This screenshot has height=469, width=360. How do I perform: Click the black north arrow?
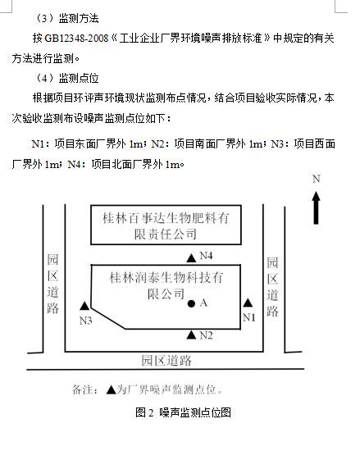point(316,208)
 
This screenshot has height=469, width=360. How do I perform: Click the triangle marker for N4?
point(191,257)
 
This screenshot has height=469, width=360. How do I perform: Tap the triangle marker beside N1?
point(248,303)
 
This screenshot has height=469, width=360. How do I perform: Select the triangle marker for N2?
point(191,335)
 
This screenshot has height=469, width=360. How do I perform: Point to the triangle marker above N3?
point(84,306)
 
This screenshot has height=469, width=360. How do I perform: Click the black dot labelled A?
point(191,304)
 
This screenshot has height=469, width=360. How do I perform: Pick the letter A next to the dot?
point(203,303)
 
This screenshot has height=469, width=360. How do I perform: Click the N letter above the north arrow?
point(317,179)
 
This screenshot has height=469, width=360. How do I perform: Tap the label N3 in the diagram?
point(85,321)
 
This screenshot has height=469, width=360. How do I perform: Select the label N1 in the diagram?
point(249,317)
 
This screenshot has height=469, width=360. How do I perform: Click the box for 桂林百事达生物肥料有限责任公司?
point(166,225)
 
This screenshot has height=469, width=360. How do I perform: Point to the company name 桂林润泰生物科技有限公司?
point(166,285)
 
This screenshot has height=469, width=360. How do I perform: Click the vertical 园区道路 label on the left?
point(52,284)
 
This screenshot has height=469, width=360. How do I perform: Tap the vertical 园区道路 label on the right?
point(272,286)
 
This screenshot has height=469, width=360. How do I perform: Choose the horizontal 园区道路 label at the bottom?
point(166,361)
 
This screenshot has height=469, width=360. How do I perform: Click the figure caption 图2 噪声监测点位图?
point(183,412)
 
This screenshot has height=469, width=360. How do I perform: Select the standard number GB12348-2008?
point(76,39)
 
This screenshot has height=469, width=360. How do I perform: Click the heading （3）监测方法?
point(66,19)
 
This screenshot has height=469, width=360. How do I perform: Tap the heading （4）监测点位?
point(66,79)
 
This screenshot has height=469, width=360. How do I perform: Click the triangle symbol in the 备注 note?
point(111,389)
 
